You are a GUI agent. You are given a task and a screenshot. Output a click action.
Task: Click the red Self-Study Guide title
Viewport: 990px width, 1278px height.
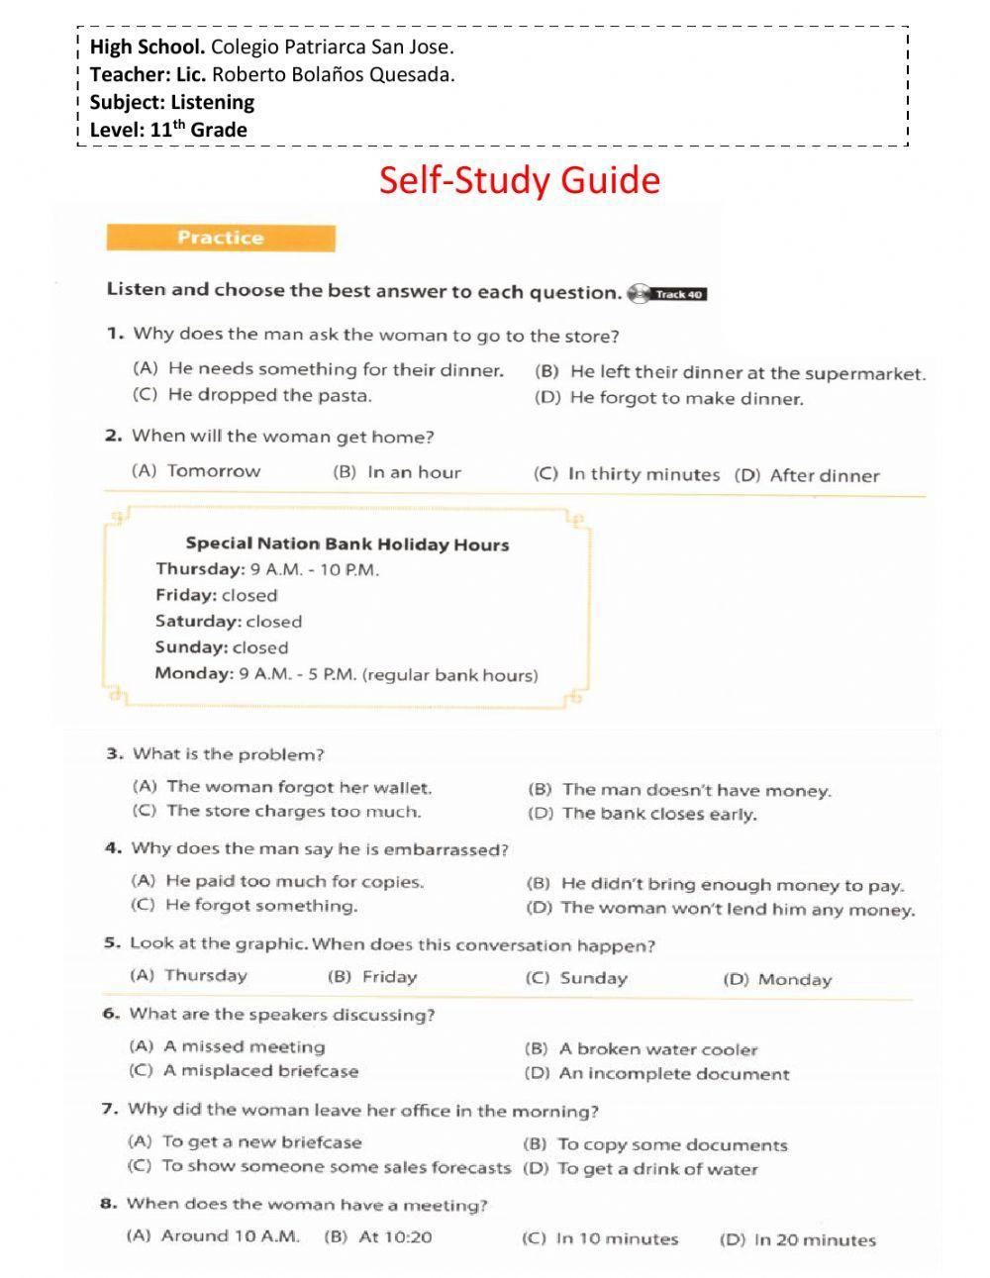coord(519,180)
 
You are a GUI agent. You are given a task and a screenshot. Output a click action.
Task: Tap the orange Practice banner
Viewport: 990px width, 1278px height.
coord(220,238)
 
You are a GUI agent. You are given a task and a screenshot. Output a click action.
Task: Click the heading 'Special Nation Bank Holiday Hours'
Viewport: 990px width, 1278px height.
coord(346,543)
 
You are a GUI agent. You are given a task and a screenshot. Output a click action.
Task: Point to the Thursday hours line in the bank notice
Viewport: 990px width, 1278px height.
coord(266,569)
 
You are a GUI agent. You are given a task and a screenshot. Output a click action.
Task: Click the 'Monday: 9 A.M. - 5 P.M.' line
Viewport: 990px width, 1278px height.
coord(346,674)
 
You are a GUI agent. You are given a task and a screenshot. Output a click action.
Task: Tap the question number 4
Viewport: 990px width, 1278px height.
coord(113,848)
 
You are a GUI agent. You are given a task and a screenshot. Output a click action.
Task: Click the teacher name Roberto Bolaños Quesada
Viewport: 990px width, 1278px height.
coord(333,74)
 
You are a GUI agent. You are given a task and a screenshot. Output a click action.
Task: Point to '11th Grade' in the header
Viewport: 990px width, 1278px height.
coord(198,130)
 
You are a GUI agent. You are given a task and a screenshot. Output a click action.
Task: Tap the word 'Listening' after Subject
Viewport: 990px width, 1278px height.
coord(212,102)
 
